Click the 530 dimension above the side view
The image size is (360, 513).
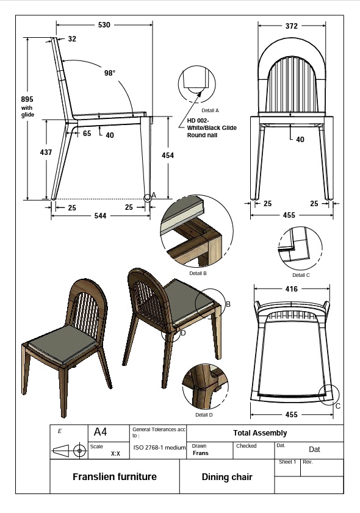coord(104,25)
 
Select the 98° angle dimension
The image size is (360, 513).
coord(109,73)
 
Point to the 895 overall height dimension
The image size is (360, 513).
coord(27,99)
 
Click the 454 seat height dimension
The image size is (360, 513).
coord(167,156)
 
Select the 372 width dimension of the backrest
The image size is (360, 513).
coord(291,26)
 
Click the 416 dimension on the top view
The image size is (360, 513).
coord(291,289)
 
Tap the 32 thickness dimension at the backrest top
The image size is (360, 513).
coord(72,39)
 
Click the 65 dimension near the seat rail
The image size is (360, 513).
coord(87,134)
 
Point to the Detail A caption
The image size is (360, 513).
coord(209,110)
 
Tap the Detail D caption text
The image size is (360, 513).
coord(204,415)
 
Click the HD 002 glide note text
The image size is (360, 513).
coord(211,127)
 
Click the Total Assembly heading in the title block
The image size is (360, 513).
coord(259,433)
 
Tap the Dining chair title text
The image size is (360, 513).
coord(227,477)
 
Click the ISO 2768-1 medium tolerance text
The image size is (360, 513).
coord(159,448)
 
